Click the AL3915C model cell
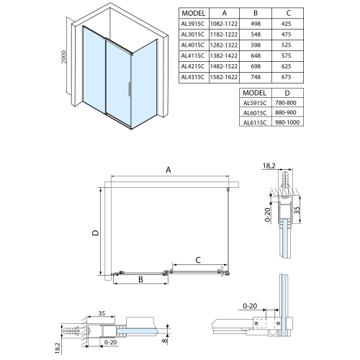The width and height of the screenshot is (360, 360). point(193,24)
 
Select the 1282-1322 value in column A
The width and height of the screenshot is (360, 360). point(224,45)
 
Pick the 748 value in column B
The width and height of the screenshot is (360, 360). point(256,77)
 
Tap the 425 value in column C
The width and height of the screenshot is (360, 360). point(286,24)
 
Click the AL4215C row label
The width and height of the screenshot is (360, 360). point(193,66)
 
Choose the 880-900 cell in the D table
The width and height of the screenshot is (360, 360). point(286,112)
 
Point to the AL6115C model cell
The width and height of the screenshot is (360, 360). point(255,122)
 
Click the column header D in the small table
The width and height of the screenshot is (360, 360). point(287,93)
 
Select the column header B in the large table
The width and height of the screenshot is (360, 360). point(256,13)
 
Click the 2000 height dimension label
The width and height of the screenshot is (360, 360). point(63,57)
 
